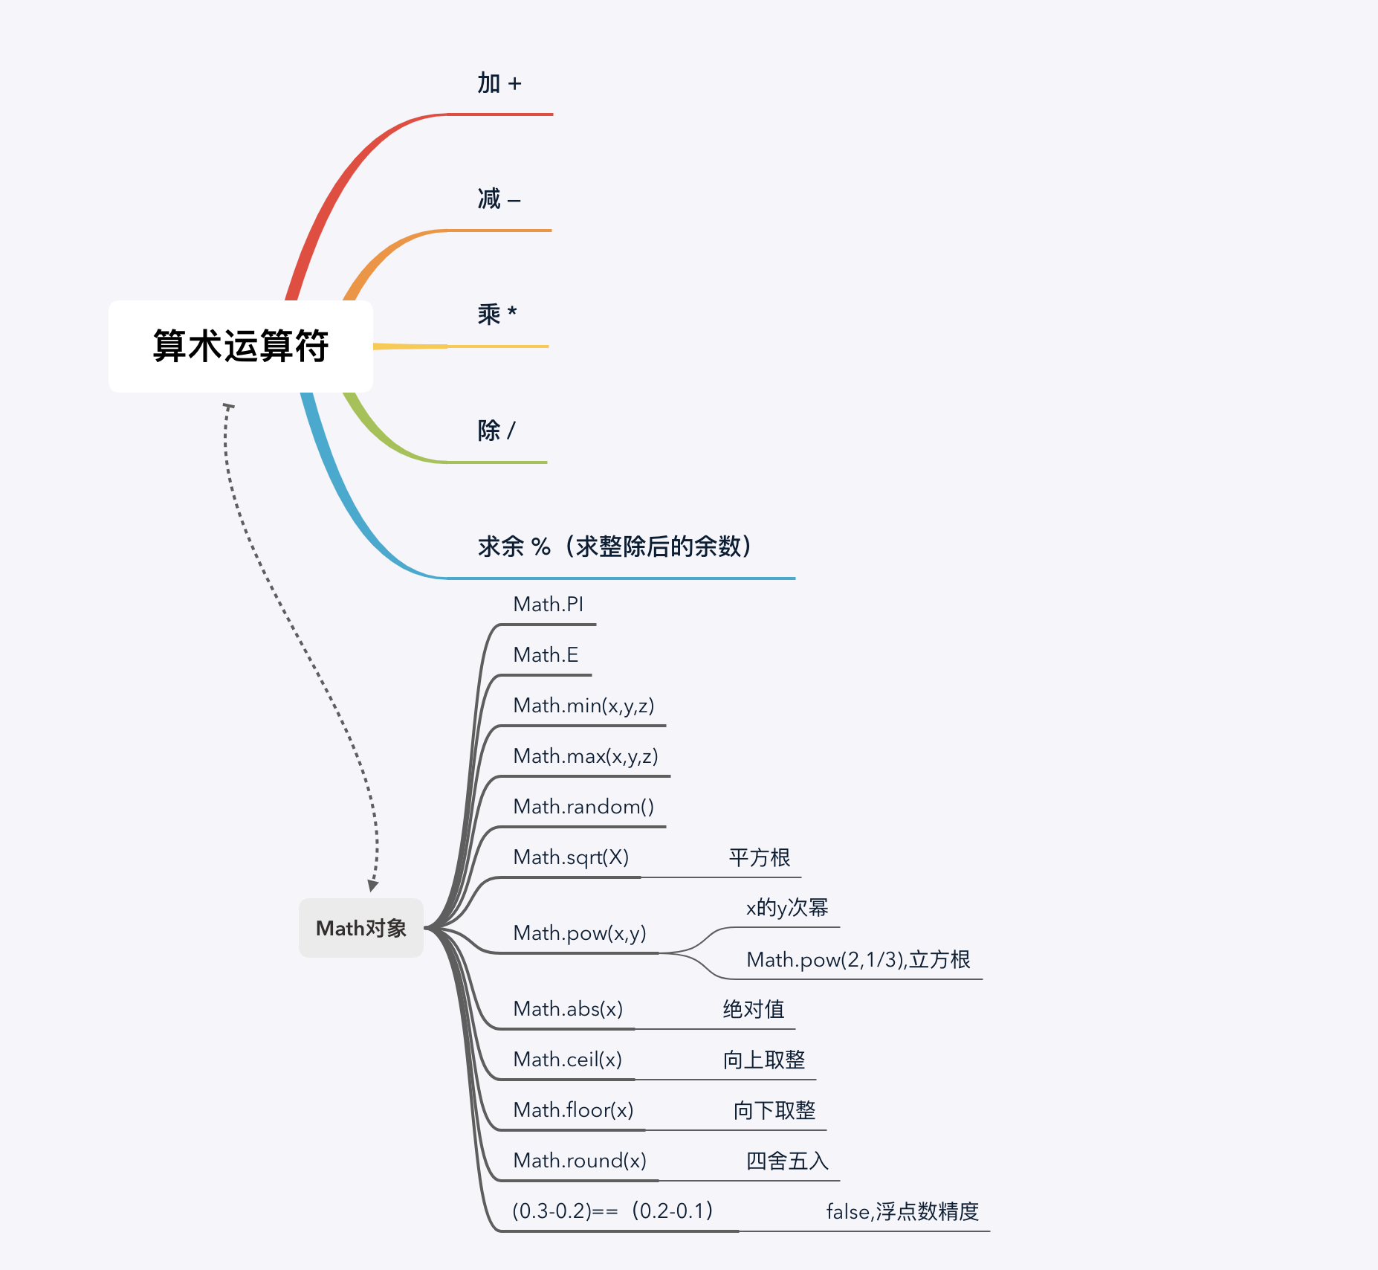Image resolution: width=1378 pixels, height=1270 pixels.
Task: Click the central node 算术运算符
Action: (240, 346)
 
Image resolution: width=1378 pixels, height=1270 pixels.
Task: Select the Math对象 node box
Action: (361, 928)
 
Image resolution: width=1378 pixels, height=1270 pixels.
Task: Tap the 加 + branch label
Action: (499, 83)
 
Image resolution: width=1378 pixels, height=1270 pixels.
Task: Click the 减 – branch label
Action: (499, 199)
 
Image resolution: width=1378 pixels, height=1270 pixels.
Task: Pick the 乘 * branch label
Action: (497, 315)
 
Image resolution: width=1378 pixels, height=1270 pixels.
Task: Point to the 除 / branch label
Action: (496, 431)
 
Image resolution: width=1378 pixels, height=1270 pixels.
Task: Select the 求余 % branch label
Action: (615, 547)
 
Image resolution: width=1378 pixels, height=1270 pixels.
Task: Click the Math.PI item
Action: (548, 605)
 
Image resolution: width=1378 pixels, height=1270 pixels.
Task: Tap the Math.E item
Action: (546, 655)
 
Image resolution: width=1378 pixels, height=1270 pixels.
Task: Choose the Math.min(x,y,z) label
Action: (583, 706)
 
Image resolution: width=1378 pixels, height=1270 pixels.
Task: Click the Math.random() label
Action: (583, 807)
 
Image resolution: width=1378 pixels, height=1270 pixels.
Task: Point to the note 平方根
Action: (759, 857)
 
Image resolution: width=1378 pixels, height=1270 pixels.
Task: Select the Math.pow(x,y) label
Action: (580, 933)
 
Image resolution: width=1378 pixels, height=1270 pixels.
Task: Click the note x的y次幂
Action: (787, 908)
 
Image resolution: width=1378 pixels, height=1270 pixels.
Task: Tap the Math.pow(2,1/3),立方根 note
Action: (858, 960)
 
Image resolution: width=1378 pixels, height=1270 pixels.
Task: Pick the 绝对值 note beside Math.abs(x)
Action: (754, 1009)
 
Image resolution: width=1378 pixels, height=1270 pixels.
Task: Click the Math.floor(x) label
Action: (573, 1110)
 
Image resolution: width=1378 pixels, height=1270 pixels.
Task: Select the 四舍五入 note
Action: (787, 1161)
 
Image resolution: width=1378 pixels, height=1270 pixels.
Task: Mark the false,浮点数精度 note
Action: (902, 1211)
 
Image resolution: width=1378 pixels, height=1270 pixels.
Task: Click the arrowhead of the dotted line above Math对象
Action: (373, 886)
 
